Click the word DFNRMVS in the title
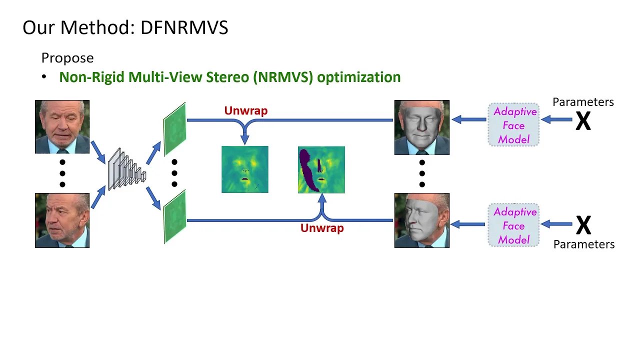184,27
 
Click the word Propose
67,58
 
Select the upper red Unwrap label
245,110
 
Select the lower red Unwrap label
322,228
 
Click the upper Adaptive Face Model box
513,125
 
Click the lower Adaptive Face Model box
513,225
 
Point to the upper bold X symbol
583,121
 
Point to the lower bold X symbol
583,225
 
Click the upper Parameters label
583,102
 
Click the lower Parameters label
584,244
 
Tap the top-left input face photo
62,126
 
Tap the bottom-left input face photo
62,220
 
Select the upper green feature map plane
174,129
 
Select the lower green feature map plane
174,217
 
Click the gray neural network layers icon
127,169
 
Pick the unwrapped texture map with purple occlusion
321,169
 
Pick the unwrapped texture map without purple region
245,169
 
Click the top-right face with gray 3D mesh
421,127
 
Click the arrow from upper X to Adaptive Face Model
556,119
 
